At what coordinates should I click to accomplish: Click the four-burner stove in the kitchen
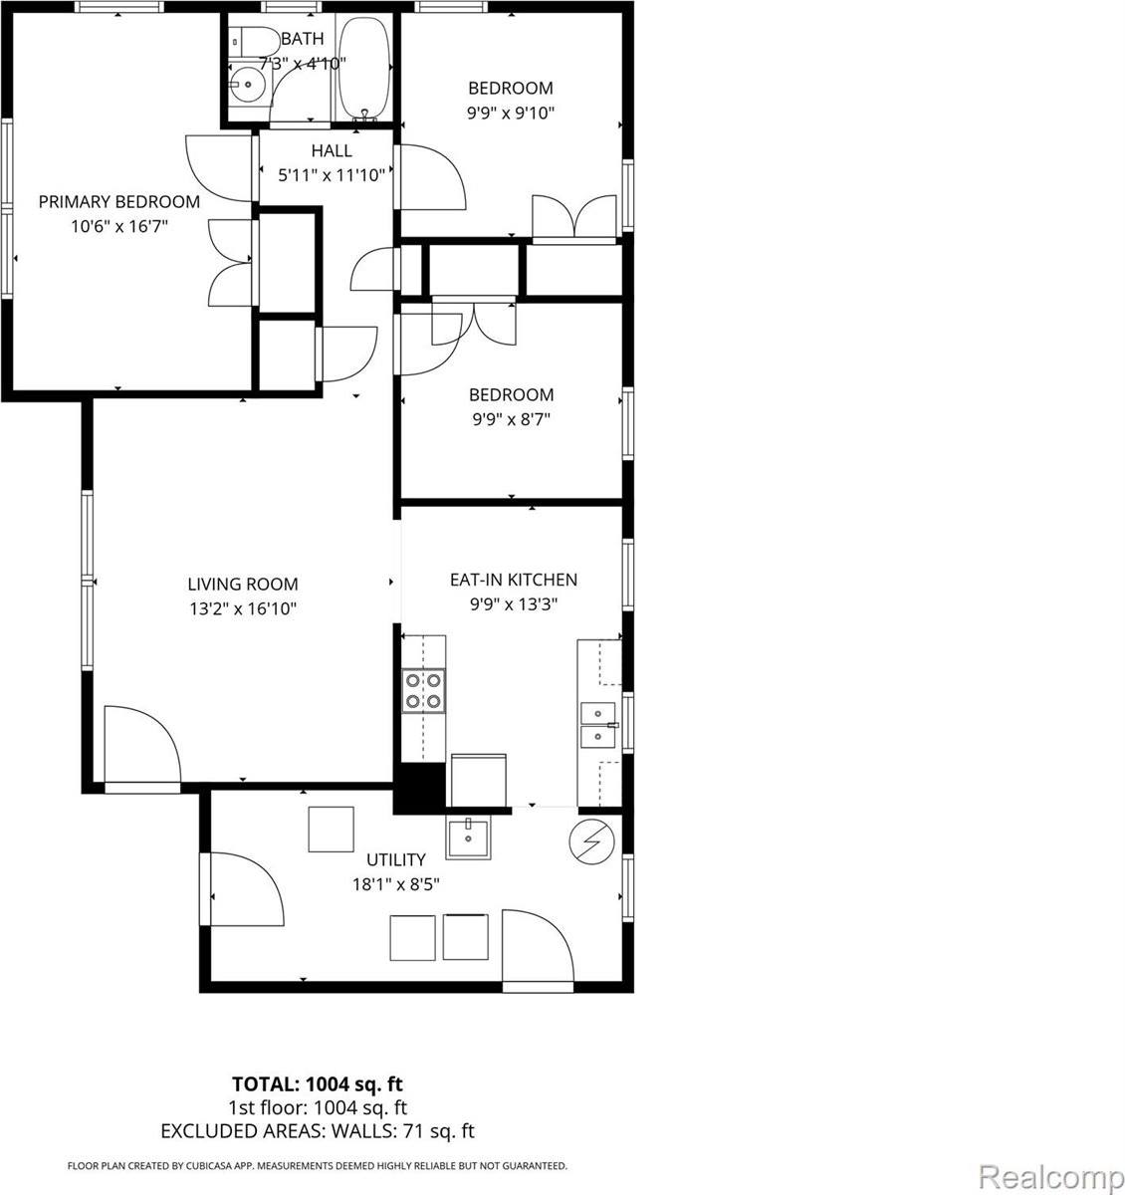[423, 690]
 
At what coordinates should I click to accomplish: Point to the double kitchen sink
[598, 724]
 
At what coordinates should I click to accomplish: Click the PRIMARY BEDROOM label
[118, 202]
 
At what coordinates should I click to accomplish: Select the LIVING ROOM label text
[243, 585]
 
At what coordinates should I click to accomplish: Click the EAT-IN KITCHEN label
[513, 580]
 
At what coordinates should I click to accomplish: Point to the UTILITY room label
[395, 859]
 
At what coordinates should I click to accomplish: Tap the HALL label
[332, 151]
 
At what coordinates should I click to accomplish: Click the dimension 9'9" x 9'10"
[511, 114]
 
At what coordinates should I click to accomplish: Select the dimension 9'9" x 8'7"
[511, 420]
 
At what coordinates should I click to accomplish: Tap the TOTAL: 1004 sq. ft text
[317, 1083]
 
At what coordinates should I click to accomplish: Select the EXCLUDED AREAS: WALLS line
[317, 1130]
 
